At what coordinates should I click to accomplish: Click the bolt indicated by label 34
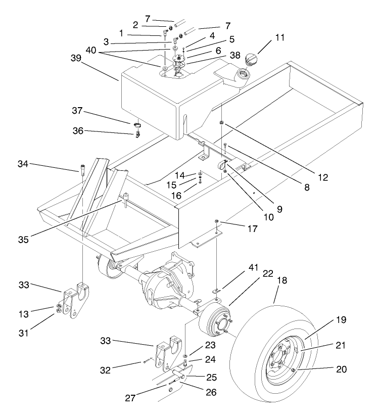click(81, 169)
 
